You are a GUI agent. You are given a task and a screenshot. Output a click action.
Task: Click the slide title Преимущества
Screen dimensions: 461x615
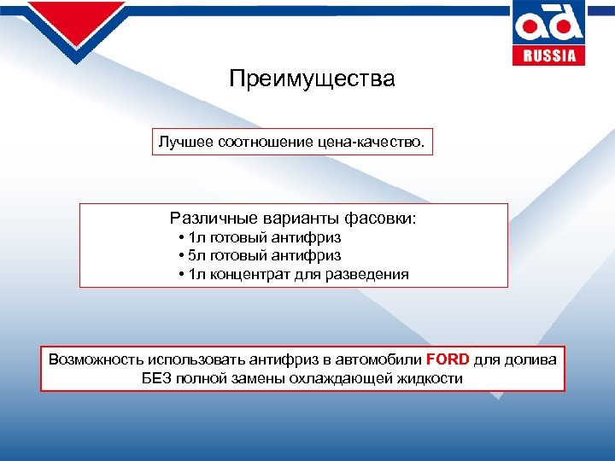click(312, 79)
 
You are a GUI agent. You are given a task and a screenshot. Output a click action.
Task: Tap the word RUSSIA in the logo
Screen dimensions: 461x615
click(549, 55)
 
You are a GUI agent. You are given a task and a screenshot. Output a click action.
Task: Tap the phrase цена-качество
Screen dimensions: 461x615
click(377, 142)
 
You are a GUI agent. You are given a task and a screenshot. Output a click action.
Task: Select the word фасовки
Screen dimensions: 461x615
click(384, 219)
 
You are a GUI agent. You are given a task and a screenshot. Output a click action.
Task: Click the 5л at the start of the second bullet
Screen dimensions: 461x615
click(197, 255)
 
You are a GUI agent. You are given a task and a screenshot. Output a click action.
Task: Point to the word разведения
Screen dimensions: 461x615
click(367, 275)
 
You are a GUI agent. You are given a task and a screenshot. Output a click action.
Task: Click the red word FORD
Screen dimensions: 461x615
click(448, 359)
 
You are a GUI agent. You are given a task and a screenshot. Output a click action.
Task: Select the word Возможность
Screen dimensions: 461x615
click(96, 359)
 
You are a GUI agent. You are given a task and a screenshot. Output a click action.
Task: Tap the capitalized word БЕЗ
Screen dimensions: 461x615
click(158, 378)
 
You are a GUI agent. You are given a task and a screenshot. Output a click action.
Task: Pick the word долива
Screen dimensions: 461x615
click(530, 359)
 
